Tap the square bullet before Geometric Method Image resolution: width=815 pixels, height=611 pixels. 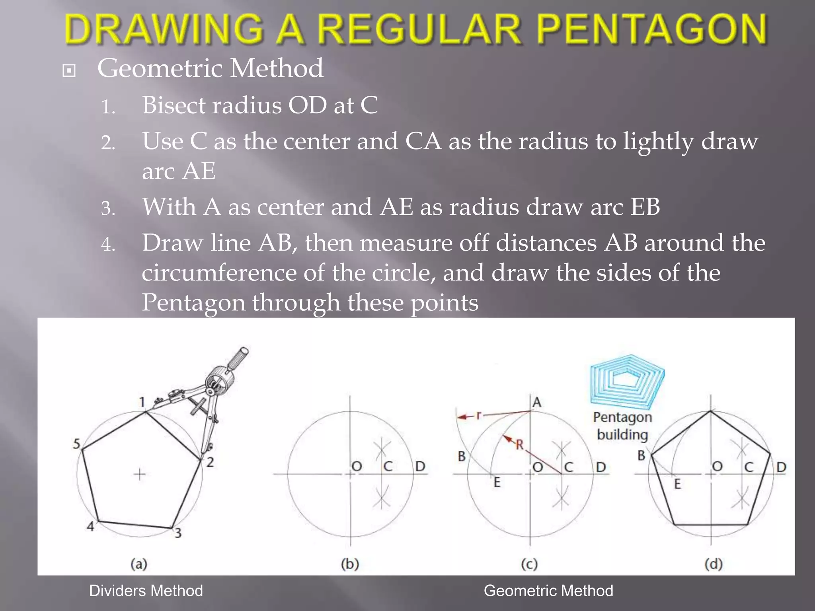(x=69, y=71)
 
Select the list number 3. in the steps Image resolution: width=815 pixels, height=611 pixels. (x=108, y=208)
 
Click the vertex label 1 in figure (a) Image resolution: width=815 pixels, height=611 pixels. (x=142, y=402)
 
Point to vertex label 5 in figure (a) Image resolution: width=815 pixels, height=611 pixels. (x=77, y=444)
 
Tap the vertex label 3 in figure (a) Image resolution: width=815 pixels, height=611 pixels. (x=178, y=533)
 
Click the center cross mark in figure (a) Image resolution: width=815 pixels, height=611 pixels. (x=140, y=474)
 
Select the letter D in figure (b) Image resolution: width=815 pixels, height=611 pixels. (x=420, y=466)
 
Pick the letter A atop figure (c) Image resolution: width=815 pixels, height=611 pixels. (x=537, y=403)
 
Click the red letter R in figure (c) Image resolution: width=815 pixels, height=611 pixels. (x=520, y=444)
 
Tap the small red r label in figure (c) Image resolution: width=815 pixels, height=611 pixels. (x=479, y=415)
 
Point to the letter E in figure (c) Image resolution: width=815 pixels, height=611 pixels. (x=497, y=483)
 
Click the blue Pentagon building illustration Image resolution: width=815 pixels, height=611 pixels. (x=627, y=381)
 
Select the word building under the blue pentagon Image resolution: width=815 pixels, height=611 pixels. (x=622, y=434)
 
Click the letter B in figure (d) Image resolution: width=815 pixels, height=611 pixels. (x=641, y=455)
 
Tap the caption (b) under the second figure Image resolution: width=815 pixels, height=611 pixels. (x=350, y=564)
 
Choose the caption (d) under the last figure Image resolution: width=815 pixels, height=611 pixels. (x=713, y=564)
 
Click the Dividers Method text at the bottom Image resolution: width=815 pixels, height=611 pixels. (x=146, y=591)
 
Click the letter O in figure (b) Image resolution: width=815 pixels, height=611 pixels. (x=357, y=466)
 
